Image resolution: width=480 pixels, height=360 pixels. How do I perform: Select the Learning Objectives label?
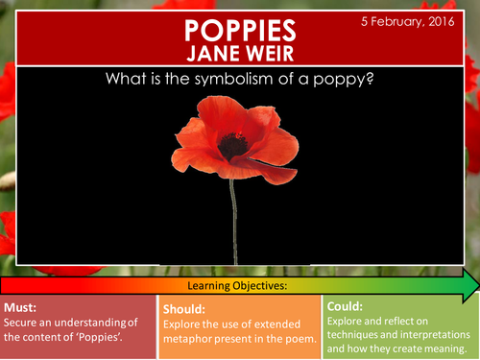[x=240, y=287]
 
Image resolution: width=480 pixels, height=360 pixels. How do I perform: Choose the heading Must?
[x=22, y=309]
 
